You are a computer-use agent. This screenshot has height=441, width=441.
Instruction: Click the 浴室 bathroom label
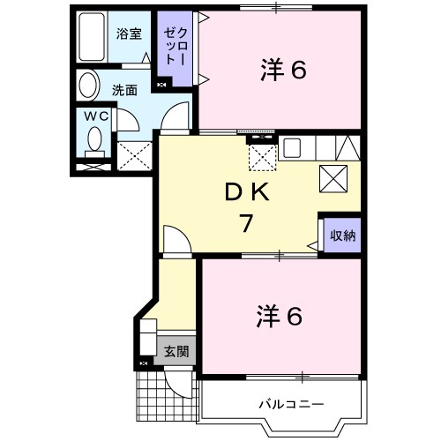(x=129, y=34)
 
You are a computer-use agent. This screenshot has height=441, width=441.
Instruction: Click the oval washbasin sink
(x=88, y=86)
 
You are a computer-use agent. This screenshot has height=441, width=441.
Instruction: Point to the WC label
(x=95, y=115)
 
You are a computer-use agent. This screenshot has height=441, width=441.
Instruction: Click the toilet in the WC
(x=94, y=140)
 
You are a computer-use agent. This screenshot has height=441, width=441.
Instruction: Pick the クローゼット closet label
(x=171, y=48)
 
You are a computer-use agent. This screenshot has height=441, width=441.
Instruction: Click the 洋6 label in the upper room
(x=282, y=69)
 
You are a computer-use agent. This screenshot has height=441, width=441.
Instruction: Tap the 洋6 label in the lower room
(x=280, y=315)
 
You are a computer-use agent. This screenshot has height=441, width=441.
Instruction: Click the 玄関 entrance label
(x=176, y=352)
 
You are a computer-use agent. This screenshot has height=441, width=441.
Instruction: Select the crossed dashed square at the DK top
(x=262, y=157)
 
